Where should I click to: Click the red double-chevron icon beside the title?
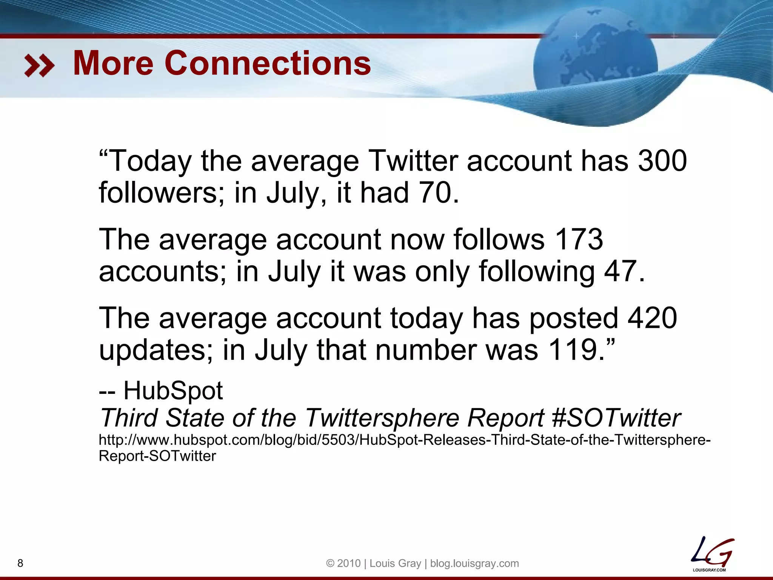coord(39,65)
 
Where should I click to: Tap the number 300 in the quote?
coord(662,161)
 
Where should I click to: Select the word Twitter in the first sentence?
coord(413,161)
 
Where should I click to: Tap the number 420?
coord(652,318)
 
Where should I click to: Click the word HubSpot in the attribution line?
coord(173,390)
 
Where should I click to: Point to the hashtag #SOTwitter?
coord(616,418)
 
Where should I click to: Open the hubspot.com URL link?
coord(404,440)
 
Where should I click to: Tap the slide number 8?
coord(20,563)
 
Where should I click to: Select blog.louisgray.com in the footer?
coord(474,563)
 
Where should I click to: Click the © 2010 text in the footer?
coord(343,563)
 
